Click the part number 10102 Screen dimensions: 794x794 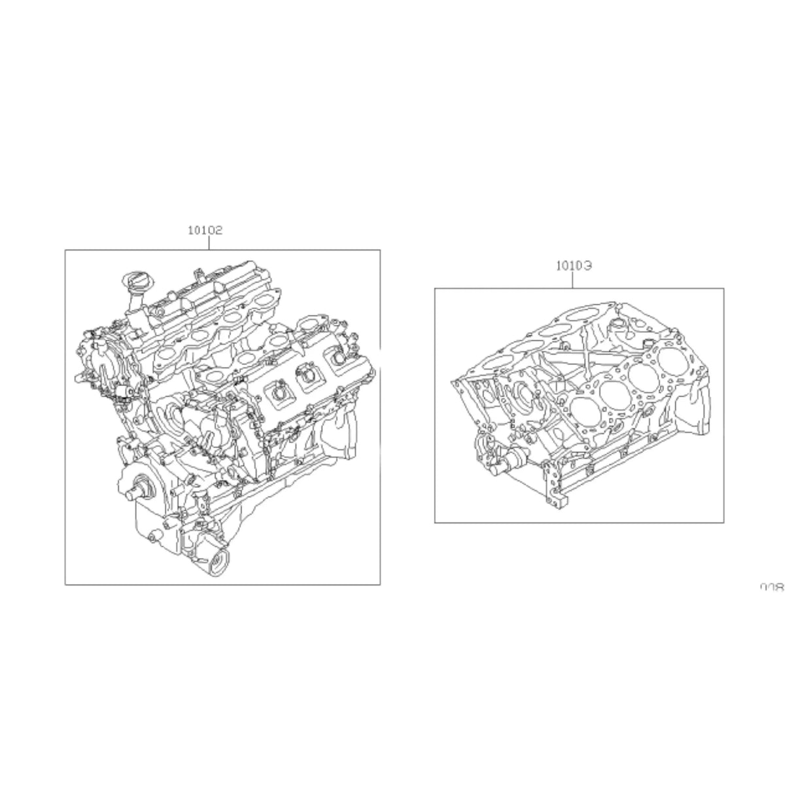205,230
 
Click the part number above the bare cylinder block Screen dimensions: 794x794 574,266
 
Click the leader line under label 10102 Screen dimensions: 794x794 209,243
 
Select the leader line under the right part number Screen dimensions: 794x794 574,280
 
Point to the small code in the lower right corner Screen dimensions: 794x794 772,587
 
